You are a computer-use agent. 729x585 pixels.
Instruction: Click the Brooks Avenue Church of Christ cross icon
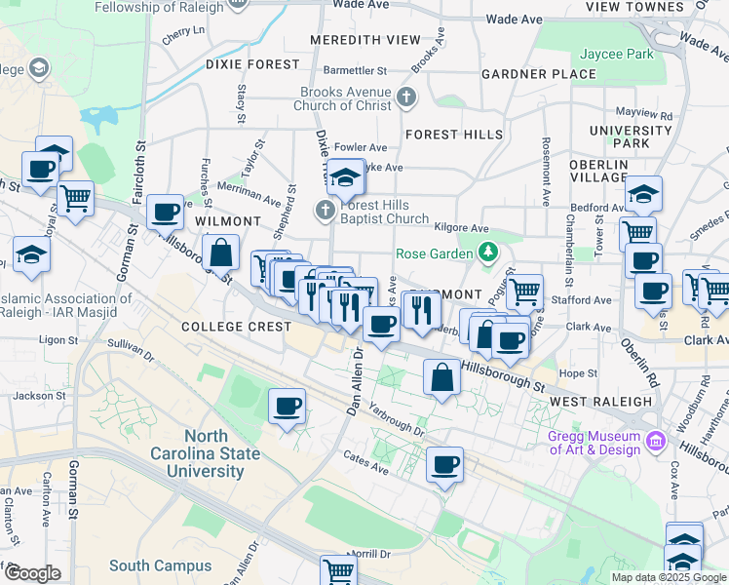(x=406, y=97)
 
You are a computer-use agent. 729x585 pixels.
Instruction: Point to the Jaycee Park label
(x=617, y=55)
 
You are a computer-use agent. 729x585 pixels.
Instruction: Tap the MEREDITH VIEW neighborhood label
(x=365, y=40)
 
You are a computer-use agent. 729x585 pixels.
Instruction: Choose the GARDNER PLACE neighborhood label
(x=538, y=74)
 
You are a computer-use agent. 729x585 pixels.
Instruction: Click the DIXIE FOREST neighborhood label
(x=252, y=64)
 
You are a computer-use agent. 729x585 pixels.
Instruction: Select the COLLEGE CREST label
(x=236, y=327)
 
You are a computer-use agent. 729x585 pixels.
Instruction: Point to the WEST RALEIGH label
(x=600, y=401)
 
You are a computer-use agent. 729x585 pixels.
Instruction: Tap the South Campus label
(x=160, y=565)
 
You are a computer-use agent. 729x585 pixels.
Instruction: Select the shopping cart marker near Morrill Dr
(x=339, y=570)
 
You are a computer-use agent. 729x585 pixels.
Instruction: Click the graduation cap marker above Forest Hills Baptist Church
(x=345, y=176)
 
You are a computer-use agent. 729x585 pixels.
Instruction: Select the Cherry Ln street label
(x=184, y=31)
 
